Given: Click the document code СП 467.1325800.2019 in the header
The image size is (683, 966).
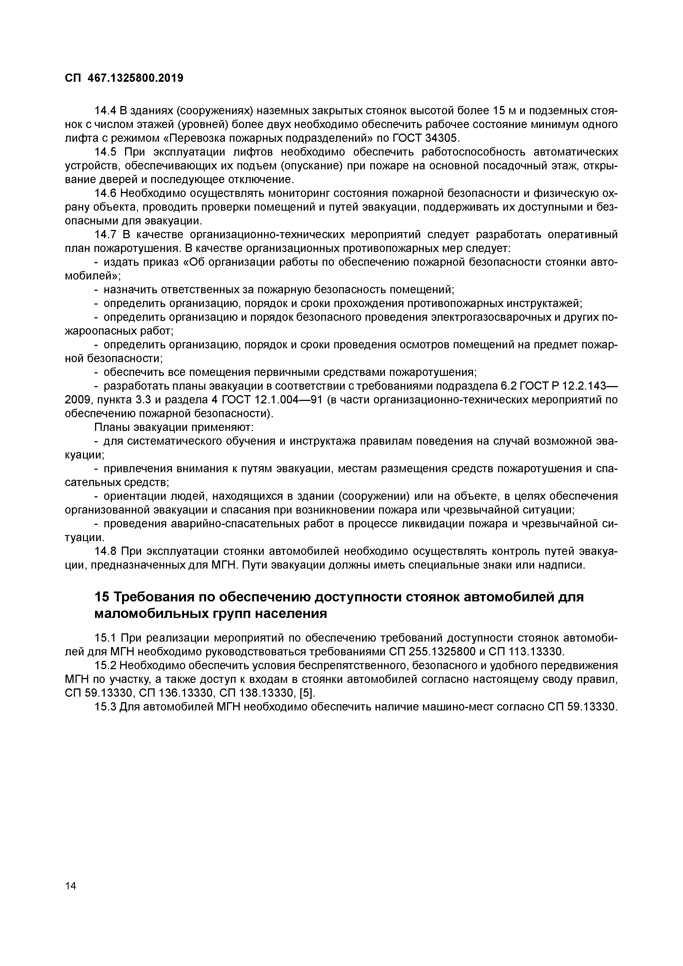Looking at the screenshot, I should point(124,78).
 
